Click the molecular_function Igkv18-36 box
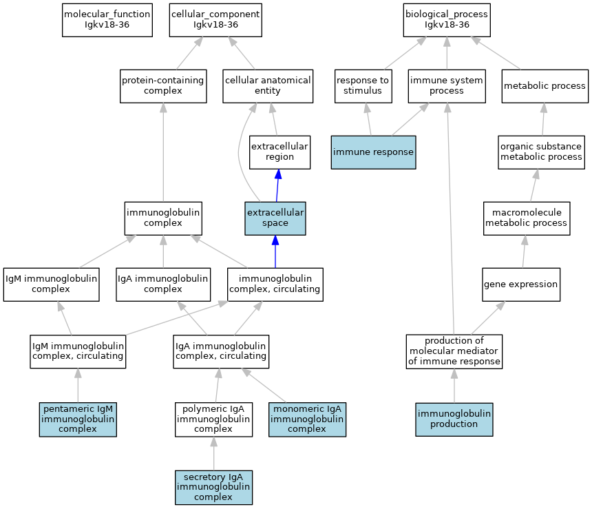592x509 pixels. (x=107, y=21)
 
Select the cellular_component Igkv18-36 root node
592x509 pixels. (x=215, y=21)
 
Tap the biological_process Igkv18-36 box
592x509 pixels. (x=447, y=21)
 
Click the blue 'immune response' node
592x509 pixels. (x=373, y=152)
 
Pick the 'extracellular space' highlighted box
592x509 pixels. (x=275, y=218)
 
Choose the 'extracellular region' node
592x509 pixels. (x=279, y=152)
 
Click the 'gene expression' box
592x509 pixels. (x=521, y=284)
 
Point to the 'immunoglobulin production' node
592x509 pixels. (x=454, y=419)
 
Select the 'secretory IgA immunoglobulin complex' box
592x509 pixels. (x=213, y=488)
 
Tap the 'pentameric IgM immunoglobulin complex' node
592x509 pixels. (x=78, y=419)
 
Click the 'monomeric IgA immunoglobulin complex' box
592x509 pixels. (x=307, y=419)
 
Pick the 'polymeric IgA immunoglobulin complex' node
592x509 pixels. (x=213, y=419)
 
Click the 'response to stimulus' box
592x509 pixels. (x=363, y=86)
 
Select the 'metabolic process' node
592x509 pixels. (x=545, y=86)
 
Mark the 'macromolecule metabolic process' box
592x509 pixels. (x=527, y=218)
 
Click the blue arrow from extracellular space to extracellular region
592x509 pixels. (x=277, y=185)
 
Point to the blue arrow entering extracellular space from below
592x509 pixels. (x=275, y=251)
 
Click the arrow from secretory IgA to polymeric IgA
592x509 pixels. (x=213, y=453)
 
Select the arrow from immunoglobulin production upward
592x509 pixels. (x=454, y=386)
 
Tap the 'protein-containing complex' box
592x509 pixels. (x=163, y=86)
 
